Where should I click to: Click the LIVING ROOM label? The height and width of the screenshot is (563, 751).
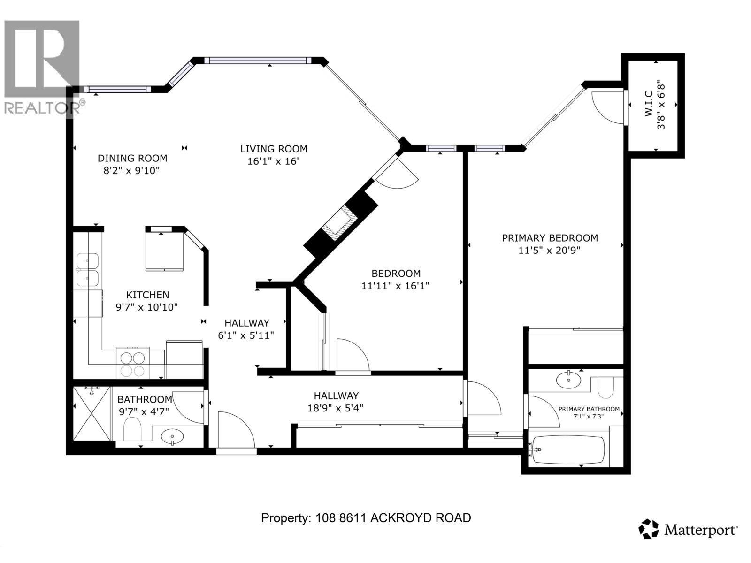pos(274,149)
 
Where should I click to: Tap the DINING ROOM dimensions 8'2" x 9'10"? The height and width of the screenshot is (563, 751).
pos(132,170)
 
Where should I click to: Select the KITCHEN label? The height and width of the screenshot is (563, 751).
pos(147,295)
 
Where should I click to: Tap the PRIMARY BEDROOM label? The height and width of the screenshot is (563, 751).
pos(550,238)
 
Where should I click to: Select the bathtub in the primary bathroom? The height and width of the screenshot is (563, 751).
pos(568,450)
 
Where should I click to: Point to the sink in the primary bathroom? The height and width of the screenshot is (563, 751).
pos(568,380)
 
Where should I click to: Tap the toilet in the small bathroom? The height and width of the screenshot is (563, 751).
pos(132,429)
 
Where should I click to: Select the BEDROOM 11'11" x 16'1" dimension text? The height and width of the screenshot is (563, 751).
pos(395,286)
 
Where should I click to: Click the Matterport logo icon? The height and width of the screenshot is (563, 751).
pos(649,529)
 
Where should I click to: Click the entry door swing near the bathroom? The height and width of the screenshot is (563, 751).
pos(235,429)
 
